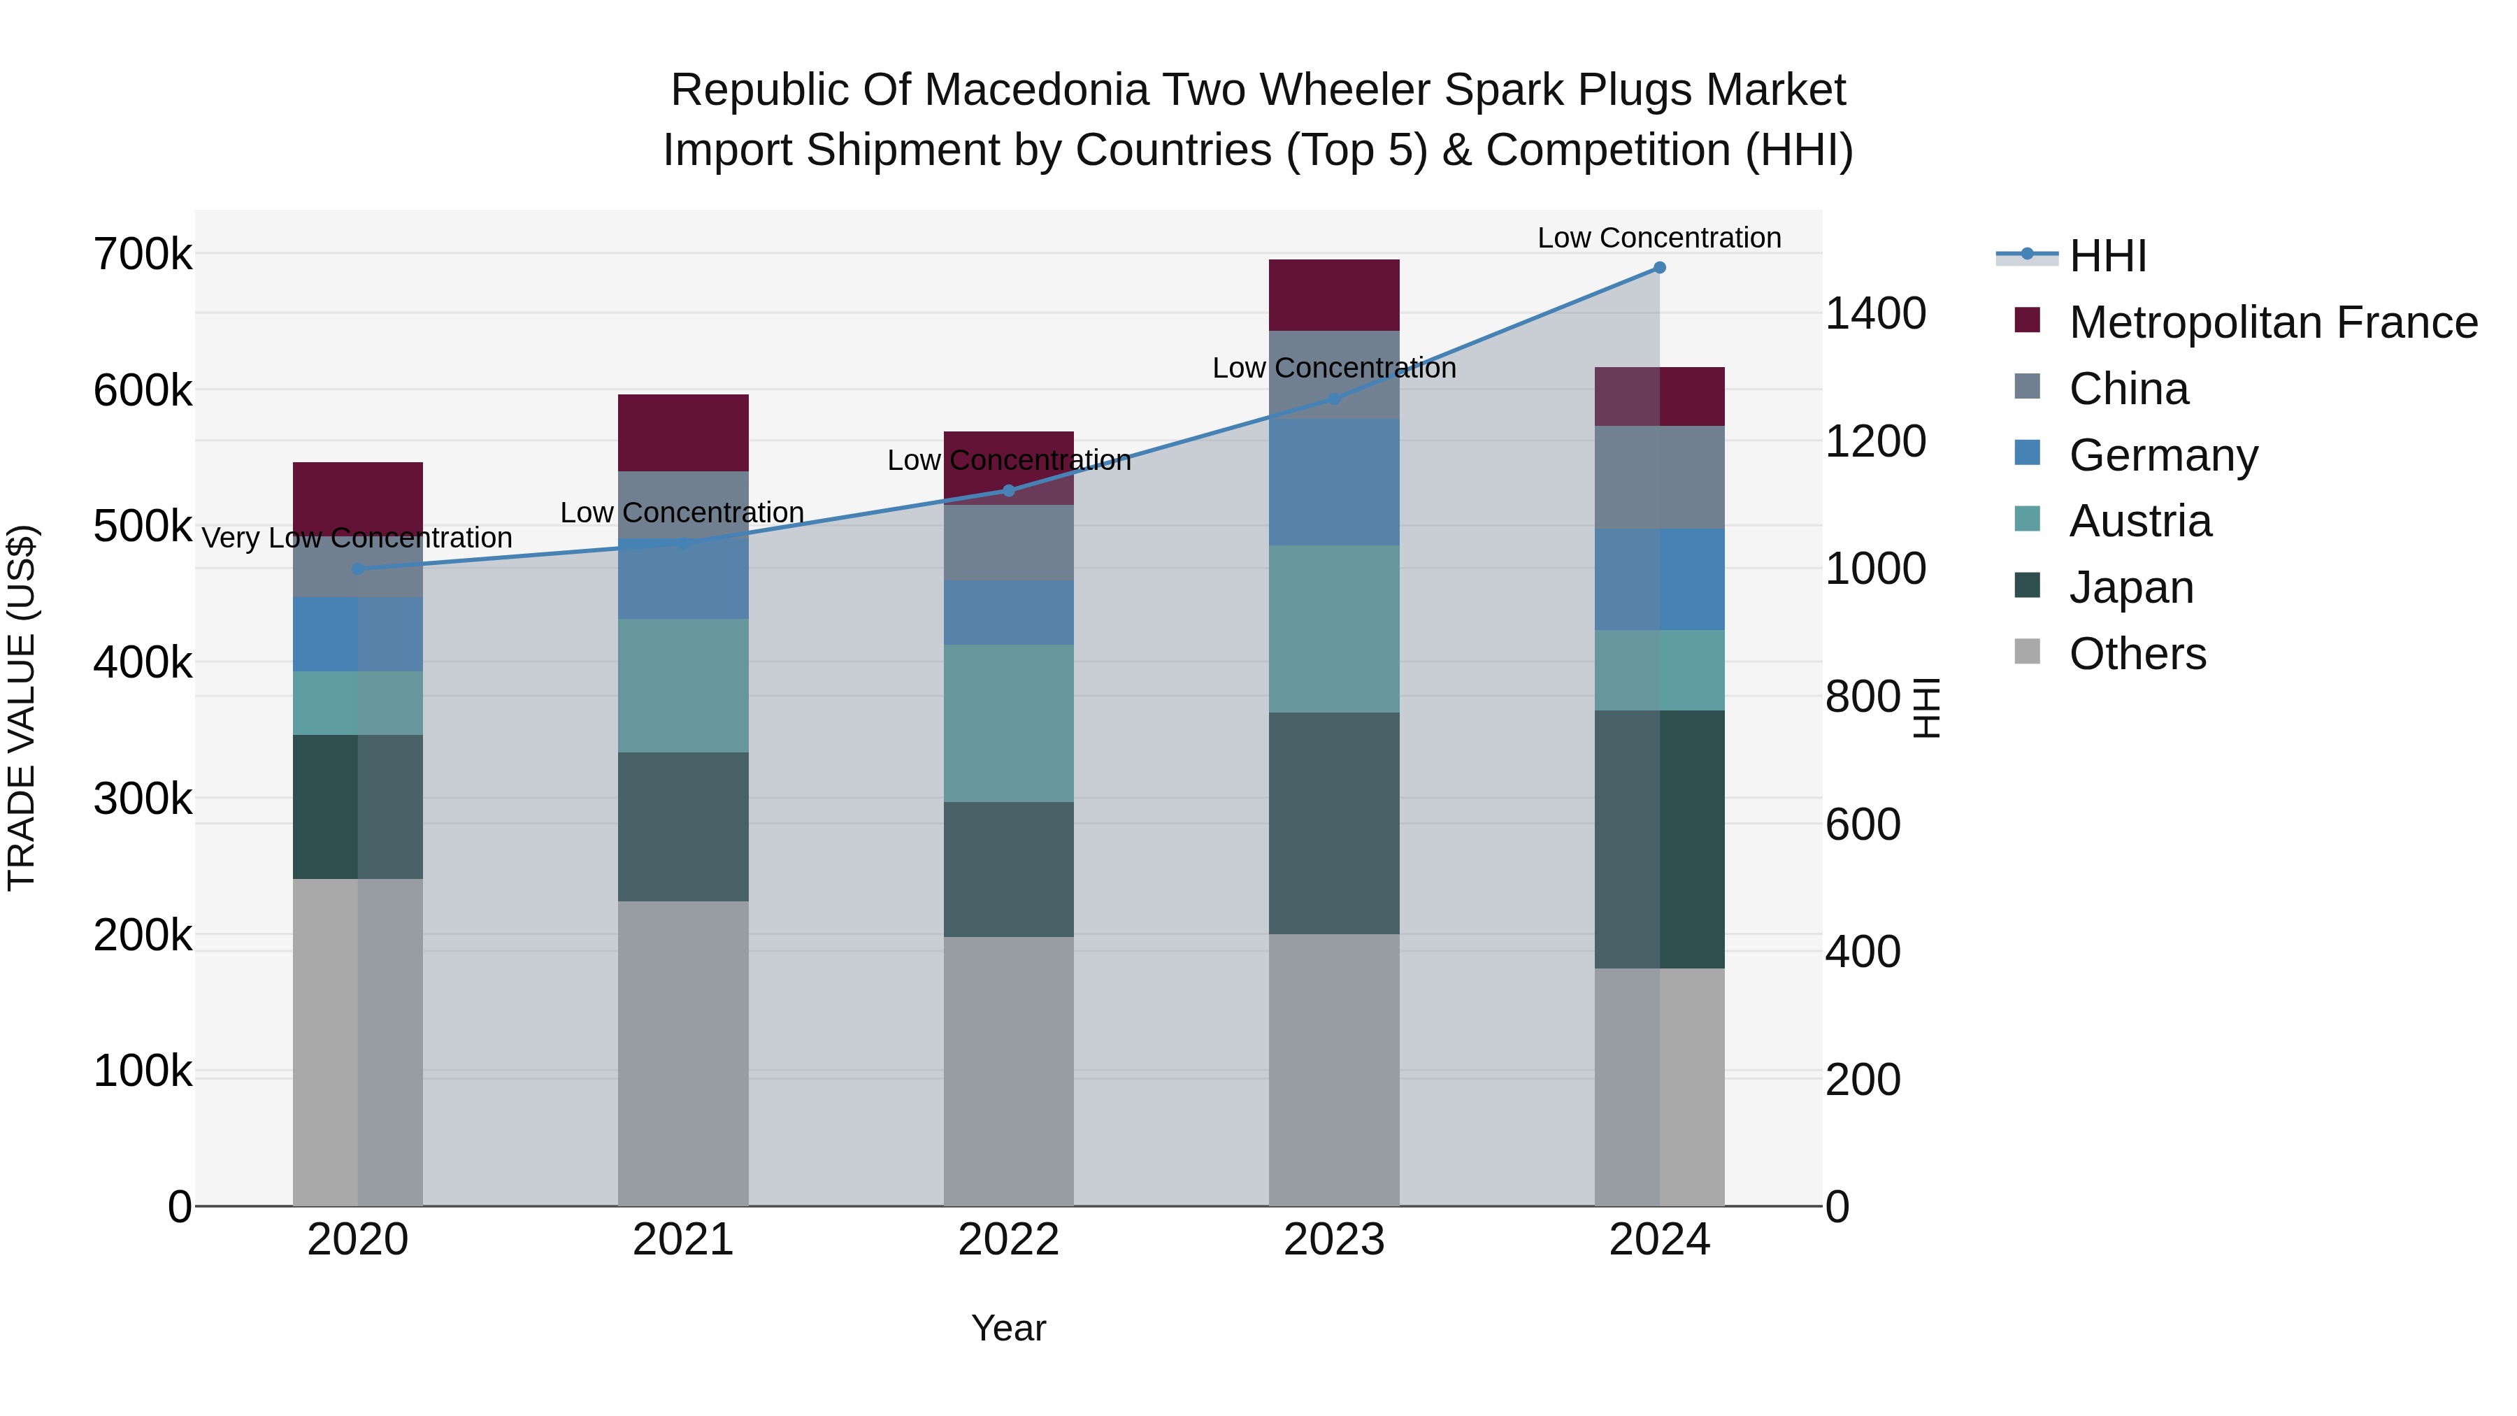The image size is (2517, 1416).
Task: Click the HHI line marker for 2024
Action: point(1659,268)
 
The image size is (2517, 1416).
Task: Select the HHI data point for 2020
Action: point(357,568)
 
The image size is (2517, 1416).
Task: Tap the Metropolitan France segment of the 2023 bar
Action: point(1334,295)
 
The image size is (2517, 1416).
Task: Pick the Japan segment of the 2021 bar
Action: point(683,827)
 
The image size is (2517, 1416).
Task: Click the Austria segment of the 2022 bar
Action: point(1008,723)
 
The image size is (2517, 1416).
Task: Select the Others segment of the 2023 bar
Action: point(1334,1069)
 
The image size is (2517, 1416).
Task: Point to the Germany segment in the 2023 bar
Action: point(1334,482)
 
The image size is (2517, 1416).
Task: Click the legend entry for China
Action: point(2128,389)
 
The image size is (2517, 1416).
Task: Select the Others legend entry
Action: point(2137,654)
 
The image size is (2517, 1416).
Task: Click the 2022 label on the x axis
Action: point(1008,1240)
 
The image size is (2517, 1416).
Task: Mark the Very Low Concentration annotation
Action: point(357,538)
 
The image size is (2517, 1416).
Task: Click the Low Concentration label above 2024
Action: point(1659,238)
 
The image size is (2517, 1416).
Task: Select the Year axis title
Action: point(1008,1328)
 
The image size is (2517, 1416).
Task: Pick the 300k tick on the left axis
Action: point(143,799)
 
